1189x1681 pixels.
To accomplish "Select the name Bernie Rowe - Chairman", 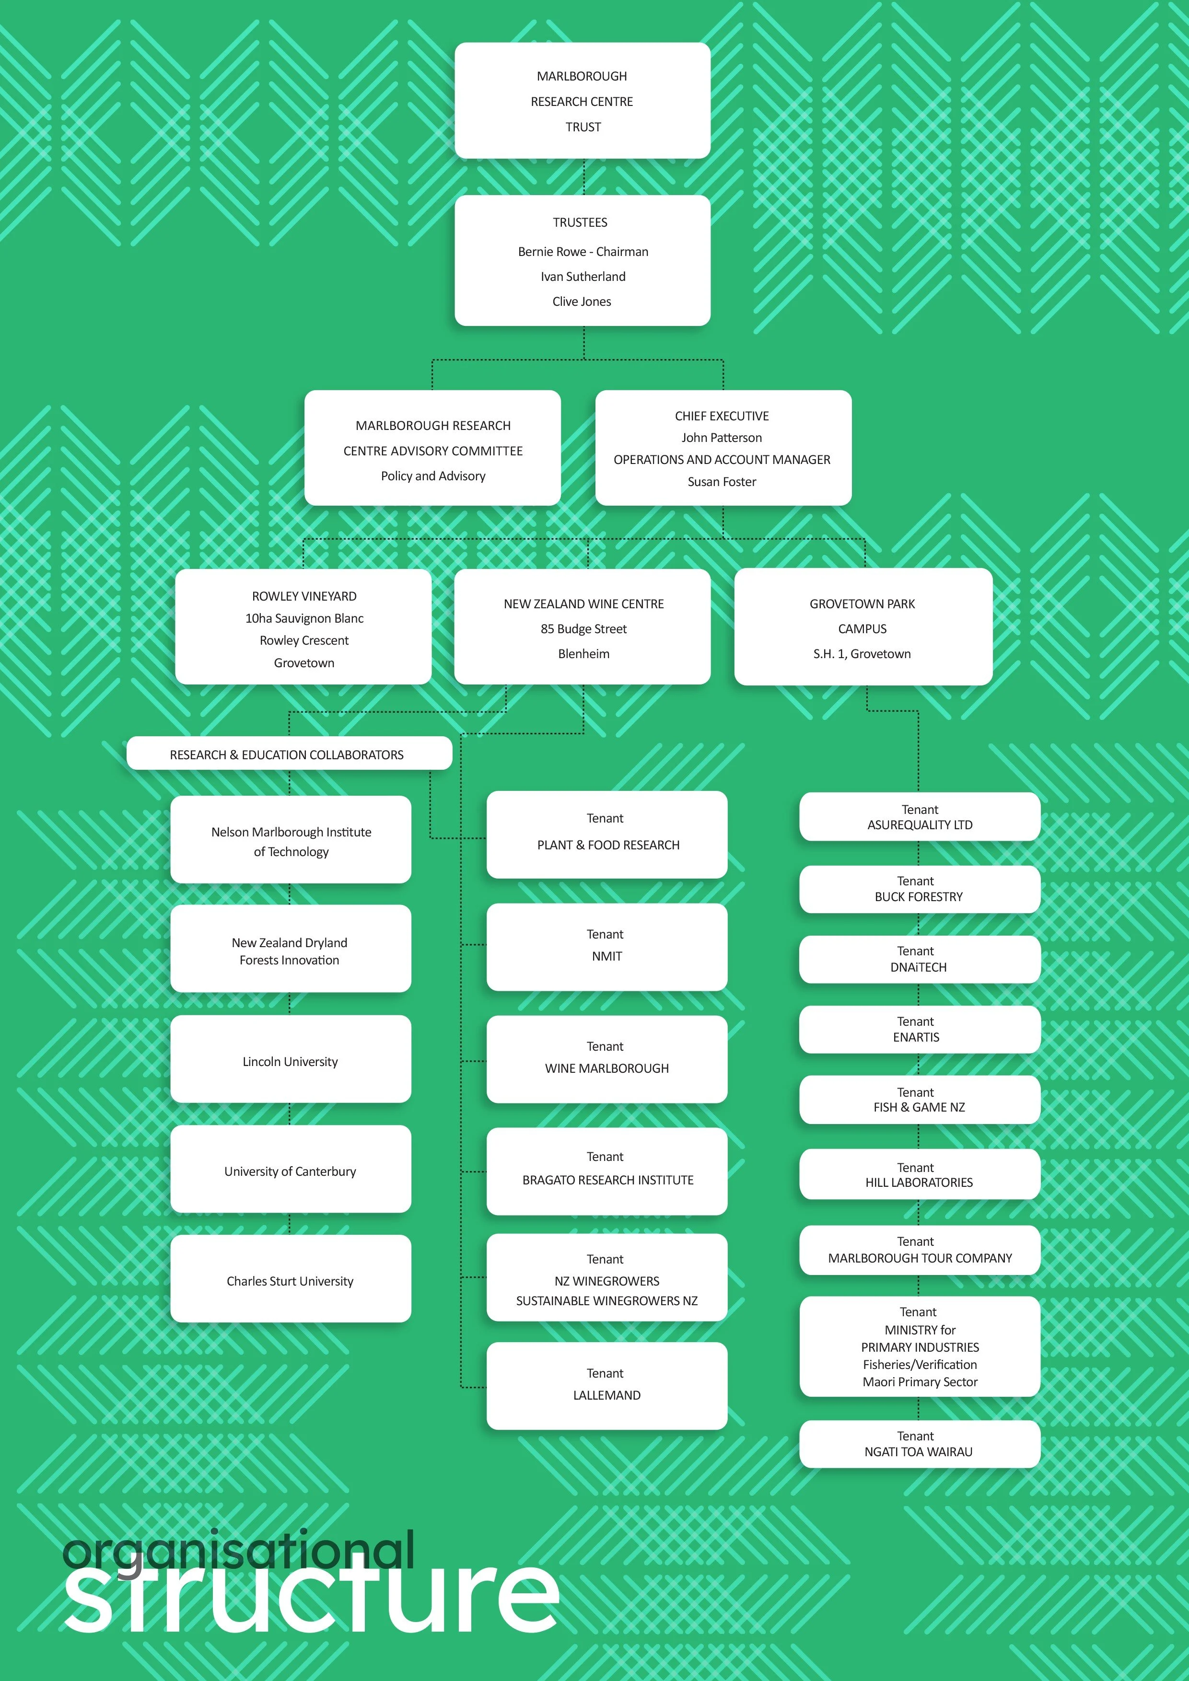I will click(583, 252).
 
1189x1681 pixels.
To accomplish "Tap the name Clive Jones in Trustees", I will click(582, 301).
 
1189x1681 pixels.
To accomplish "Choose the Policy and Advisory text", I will click(433, 476).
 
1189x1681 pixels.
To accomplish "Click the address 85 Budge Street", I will click(583, 629).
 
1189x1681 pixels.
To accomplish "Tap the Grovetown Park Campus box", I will click(863, 627).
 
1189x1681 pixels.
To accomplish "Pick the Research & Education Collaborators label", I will click(287, 754).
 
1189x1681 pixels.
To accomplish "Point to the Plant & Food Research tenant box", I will click(607, 834).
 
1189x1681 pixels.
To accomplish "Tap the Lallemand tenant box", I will click(607, 1385).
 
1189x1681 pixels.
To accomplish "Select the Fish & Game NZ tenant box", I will click(920, 1100).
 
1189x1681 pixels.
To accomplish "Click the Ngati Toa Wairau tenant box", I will click(920, 1444).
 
